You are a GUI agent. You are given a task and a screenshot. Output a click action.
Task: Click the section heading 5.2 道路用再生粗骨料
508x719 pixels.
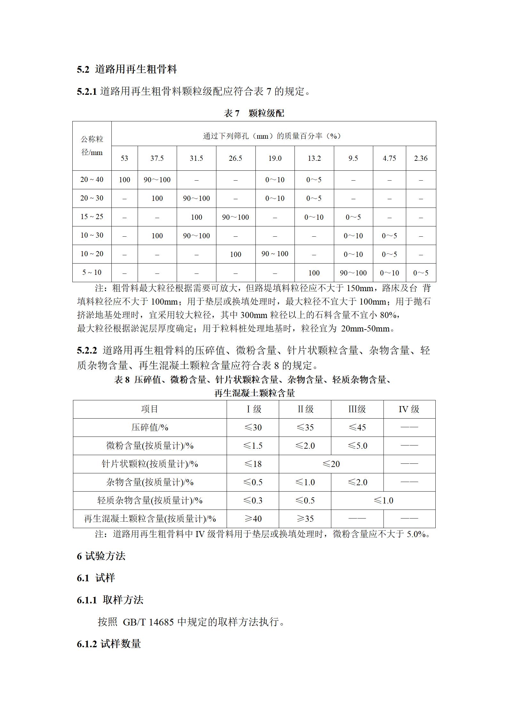[x=127, y=69]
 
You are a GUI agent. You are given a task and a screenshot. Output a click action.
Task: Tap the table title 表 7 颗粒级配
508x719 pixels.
[x=254, y=113]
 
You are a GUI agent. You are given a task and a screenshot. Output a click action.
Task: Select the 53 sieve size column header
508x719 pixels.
[x=124, y=158]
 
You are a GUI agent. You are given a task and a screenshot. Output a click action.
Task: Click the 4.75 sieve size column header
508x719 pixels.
[x=389, y=158]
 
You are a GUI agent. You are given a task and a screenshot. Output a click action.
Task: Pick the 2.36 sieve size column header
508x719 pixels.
[x=421, y=158]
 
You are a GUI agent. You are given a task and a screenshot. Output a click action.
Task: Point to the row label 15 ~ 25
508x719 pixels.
[x=92, y=217]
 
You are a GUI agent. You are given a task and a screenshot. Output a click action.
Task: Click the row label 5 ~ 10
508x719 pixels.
[x=92, y=273]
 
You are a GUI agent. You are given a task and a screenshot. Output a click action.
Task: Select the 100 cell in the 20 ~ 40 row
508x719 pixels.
[x=124, y=180]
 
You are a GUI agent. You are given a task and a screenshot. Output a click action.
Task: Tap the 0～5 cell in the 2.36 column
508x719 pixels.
[x=421, y=273]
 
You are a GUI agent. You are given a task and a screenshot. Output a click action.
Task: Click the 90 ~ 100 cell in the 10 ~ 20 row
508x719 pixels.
[x=275, y=254]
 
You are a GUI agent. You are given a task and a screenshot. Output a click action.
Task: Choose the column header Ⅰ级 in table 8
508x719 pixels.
[x=253, y=409]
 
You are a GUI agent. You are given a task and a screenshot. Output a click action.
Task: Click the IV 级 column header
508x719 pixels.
[x=409, y=409]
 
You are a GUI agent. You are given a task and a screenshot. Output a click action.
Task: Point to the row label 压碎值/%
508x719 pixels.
[x=150, y=427]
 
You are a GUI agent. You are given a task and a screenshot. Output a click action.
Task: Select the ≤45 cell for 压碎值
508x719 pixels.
[x=357, y=427]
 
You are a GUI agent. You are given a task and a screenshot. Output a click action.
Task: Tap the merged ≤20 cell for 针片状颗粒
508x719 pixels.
[x=331, y=464]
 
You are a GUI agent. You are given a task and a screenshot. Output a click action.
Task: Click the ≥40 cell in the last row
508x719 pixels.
[x=253, y=519]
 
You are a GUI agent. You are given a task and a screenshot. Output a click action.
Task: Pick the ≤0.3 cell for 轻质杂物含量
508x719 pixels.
[x=253, y=500]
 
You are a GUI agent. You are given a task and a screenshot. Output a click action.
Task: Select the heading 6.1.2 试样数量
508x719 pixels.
[x=109, y=644]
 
